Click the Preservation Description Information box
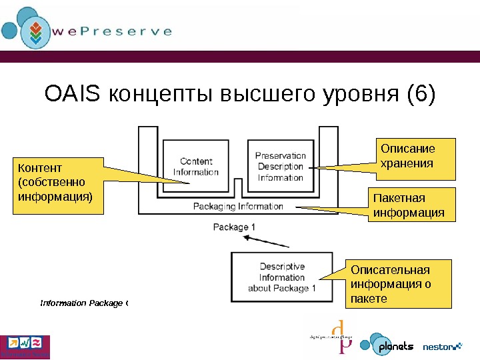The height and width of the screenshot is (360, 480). (280, 167)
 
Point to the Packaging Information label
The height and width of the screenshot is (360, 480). (238, 207)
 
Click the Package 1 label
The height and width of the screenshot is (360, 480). (234, 227)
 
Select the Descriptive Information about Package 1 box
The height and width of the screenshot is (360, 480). (281, 277)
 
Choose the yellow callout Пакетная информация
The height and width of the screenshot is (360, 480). (408, 205)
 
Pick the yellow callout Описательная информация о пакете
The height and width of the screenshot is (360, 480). (400, 284)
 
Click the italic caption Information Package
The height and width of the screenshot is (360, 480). (83, 303)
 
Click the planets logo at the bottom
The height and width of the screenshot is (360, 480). (387, 346)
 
